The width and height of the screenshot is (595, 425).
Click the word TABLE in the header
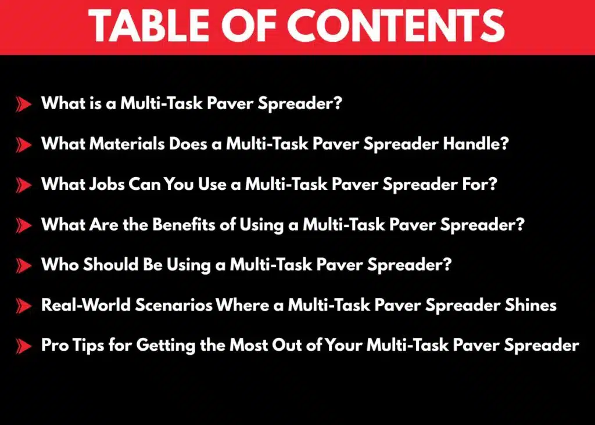point(148,26)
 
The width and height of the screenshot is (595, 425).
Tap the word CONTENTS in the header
point(395,26)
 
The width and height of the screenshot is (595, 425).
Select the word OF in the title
point(248,26)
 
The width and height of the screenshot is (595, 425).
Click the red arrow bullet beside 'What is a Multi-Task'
point(23,105)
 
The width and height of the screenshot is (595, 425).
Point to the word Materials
point(127,143)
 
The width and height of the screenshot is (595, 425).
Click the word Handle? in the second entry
point(476,143)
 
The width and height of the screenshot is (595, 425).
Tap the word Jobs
point(107,184)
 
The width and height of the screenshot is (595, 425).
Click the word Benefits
point(184,225)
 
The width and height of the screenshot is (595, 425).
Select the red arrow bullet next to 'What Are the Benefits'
point(23,226)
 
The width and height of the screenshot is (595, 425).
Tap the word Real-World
point(86,305)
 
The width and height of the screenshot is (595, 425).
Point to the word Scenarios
point(173,305)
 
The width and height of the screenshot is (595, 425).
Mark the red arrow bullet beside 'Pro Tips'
point(23,346)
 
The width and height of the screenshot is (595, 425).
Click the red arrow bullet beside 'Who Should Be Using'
point(23,266)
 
